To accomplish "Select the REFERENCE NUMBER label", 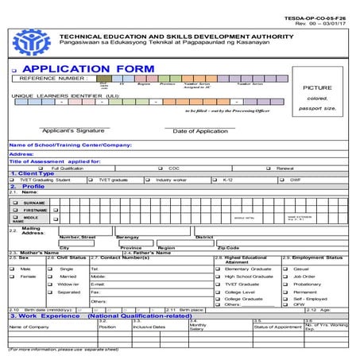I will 52,79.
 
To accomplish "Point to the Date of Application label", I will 199,130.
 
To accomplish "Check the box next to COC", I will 161,168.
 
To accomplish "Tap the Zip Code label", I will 227,248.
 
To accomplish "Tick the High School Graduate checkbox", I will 219,276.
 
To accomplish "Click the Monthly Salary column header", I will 197,327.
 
